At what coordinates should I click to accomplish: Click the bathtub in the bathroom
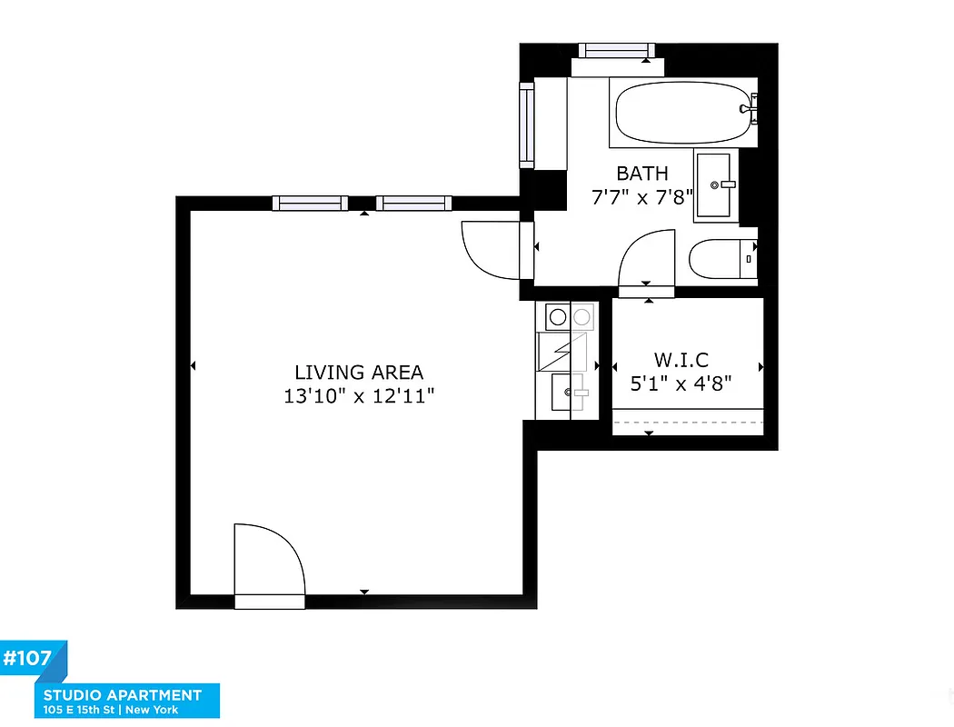click(x=683, y=114)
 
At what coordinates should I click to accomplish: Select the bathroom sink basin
click(x=717, y=185)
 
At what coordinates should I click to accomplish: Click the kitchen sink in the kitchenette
click(x=570, y=393)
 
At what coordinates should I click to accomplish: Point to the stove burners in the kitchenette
click(x=569, y=317)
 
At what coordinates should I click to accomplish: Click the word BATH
click(x=641, y=174)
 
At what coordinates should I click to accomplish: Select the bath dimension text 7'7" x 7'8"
click(x=641, y=197)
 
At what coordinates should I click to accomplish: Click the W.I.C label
click(x=681, y=359)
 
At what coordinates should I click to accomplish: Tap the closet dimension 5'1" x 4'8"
click(x=681, y=383)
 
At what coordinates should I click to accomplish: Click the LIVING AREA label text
click(x=359, y=373)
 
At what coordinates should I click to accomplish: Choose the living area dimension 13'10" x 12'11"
click(x=359, y=396)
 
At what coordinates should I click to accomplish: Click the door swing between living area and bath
click(x=491, y=249)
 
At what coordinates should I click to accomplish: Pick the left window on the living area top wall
click(x=310, y=204)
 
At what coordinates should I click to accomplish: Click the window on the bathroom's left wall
click(x=526, y=124)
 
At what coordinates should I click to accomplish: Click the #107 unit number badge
click(x=28, y=658)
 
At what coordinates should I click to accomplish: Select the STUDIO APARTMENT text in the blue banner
click(x=123, y=695)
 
